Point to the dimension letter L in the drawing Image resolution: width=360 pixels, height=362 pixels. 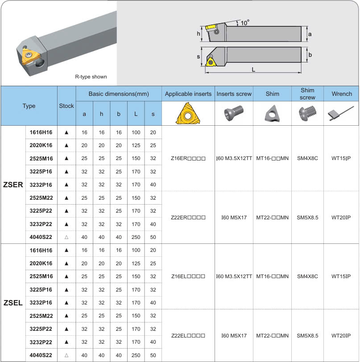(x=253, y=70)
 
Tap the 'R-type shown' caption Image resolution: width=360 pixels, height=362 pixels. (x=91, y=77)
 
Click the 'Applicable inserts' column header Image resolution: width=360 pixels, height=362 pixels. (x=188, y=94)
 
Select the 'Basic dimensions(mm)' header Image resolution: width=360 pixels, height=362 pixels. (x=118, y=94)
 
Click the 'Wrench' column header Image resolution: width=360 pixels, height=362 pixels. (x=342, y=94)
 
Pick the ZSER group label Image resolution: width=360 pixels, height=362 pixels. (x=13, y=185)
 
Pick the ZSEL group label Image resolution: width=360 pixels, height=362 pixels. (x=13, y=303)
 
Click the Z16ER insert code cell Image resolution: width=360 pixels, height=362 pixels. (x=188, y=158)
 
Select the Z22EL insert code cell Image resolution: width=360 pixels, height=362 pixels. (x=188, y=336)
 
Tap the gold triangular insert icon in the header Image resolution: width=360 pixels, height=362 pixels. (x=188, y=114)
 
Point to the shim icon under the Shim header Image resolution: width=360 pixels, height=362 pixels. (x=272, y=114)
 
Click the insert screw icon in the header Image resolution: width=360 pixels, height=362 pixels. (x=234, y=114)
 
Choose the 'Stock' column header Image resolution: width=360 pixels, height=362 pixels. (x=66, y=106)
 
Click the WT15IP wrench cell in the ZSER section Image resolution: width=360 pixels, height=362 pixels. (x=341, y=158)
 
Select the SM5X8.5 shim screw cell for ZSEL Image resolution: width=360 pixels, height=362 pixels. (x=307, y=336)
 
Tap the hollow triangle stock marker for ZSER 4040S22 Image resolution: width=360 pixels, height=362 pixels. (x=66, y=237)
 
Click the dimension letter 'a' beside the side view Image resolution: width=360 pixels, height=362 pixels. (x=310, y=34)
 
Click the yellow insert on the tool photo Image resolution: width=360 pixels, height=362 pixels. (x=30, y=57)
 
